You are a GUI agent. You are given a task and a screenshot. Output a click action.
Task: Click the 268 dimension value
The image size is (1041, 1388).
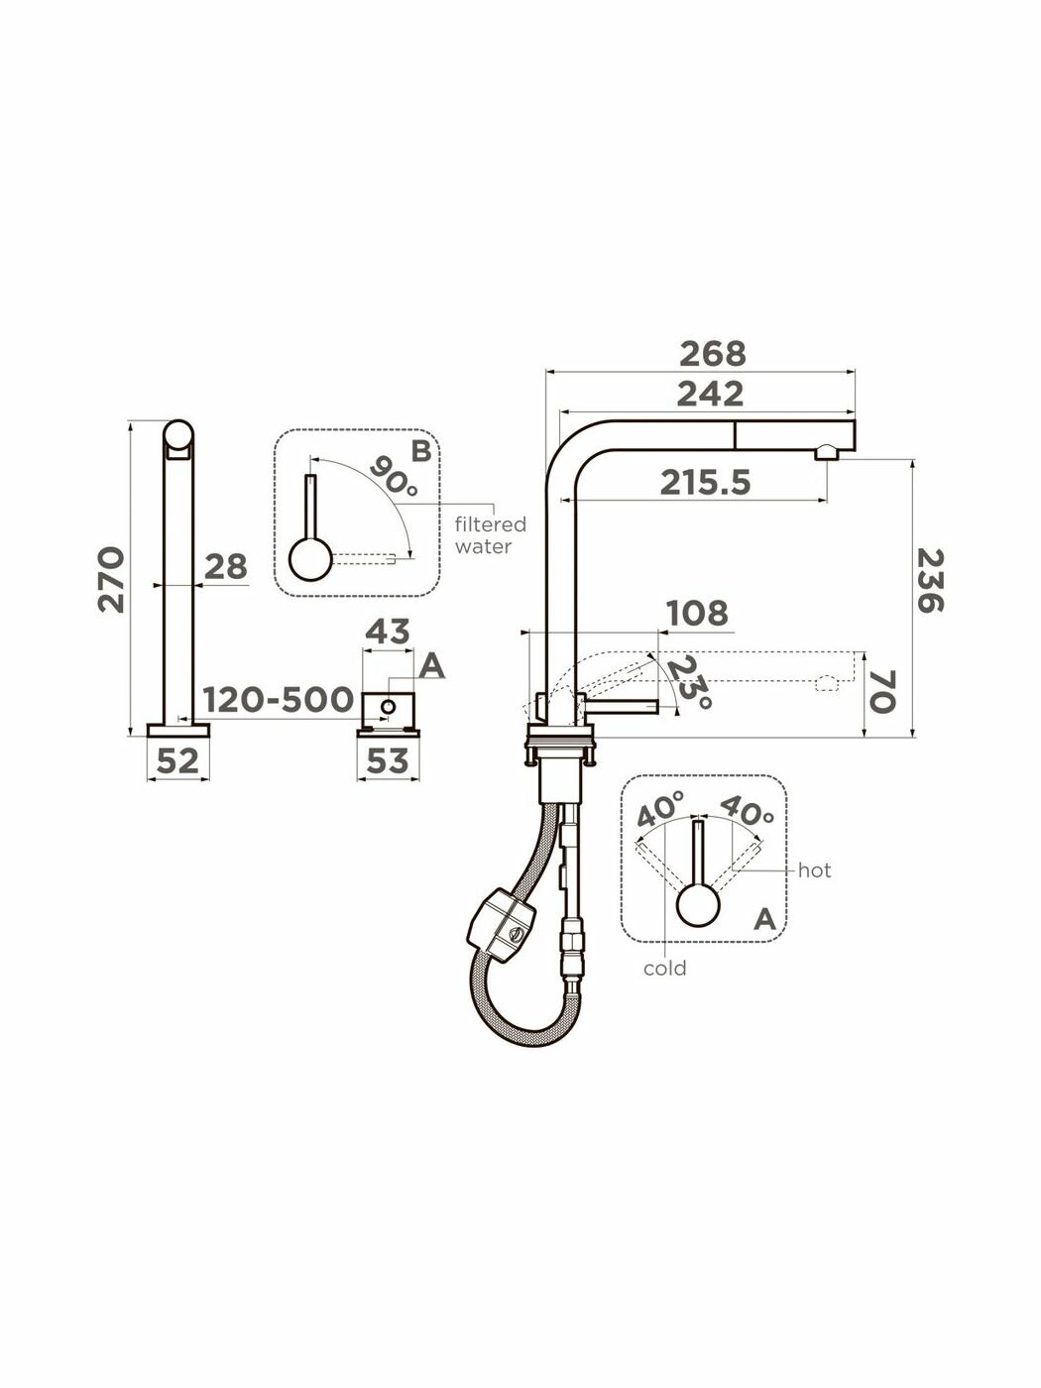pos(712,354)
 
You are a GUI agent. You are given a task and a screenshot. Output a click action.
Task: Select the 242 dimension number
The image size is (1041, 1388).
pos(710,395)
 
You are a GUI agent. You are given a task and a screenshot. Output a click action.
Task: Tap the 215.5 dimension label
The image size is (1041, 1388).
pos(705,484)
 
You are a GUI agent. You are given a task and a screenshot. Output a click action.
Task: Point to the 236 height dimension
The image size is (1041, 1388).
pos(930,581)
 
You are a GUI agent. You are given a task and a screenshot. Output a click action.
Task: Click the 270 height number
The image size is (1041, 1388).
pos(111,579)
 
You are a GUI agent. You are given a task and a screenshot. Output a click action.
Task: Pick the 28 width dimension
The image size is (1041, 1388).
pos(226,566)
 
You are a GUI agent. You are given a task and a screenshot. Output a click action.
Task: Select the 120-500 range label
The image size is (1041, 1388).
pos(279,699)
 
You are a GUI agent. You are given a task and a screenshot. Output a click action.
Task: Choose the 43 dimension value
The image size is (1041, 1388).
pos(388,632)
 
